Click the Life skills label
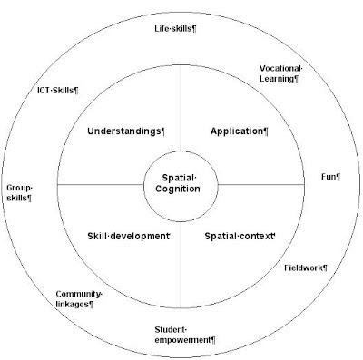[x=175, y=29]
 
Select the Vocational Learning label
[x=281, y=73]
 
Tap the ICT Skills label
[x=58, y=91]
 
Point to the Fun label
[x=331, y=177]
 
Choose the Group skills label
[x=19, y=193]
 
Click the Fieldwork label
[x=306, y=268]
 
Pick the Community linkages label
[x=79, y=299]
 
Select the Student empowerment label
[x=185, y=335]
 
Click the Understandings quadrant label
[x=126, y=131]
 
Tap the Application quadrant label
[x=240, y=131]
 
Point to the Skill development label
[x=129, y=236]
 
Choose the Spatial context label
[x=240, y=236]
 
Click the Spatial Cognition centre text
[x=179, y=183]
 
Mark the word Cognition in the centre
[x=178, y=189]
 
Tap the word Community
[x=79, y=294]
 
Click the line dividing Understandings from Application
[x=181, y=108]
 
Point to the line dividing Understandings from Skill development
[x=101, y=184]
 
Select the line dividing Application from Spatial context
[x=261, y=184]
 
